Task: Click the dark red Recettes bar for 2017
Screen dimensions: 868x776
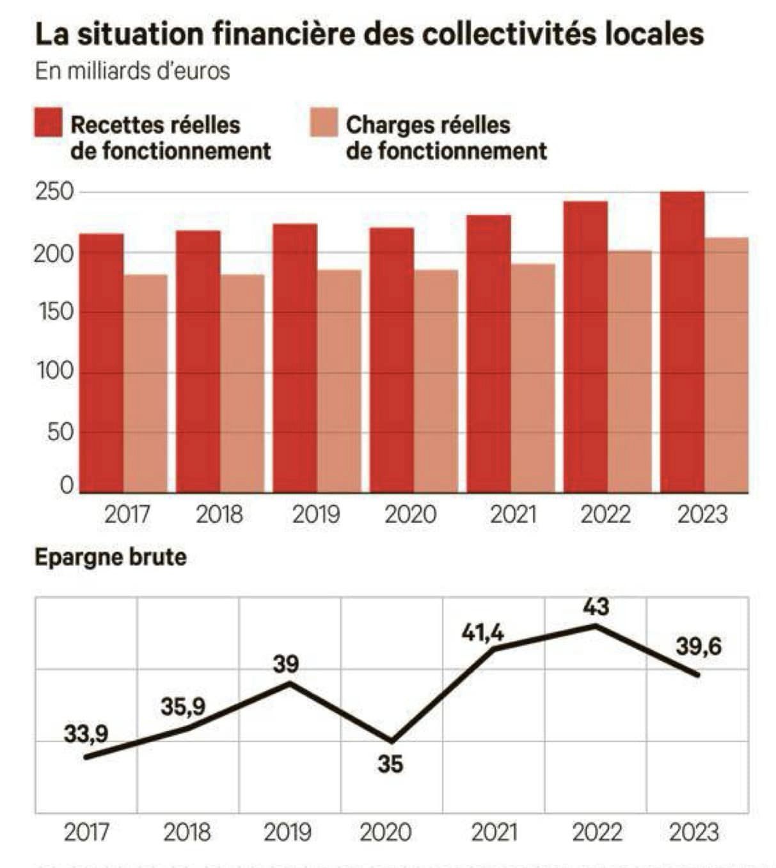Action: pos(101,363)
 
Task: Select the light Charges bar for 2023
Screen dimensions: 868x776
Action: pos(726,365)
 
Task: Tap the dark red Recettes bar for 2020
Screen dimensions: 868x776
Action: pos(392,359)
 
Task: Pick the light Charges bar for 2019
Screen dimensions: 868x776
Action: pos(339,381)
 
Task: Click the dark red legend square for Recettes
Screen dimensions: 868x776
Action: pos(49,123)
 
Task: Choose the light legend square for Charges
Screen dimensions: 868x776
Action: pos(324,123)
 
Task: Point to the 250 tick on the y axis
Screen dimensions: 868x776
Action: pos(54,192)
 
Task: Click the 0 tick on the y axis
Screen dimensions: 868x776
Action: pos(67,485)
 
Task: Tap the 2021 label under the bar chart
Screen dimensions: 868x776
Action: pos(513,514)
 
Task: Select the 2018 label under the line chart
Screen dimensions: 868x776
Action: pos(187,832)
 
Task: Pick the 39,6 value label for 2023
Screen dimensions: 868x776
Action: pos(698,647)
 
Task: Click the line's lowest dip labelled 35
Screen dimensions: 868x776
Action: pos(392,741)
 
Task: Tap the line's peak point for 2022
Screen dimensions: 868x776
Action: pos(596,626)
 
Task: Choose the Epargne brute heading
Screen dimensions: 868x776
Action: pos(110,557)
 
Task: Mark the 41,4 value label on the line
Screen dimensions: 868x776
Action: pos(483,633)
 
